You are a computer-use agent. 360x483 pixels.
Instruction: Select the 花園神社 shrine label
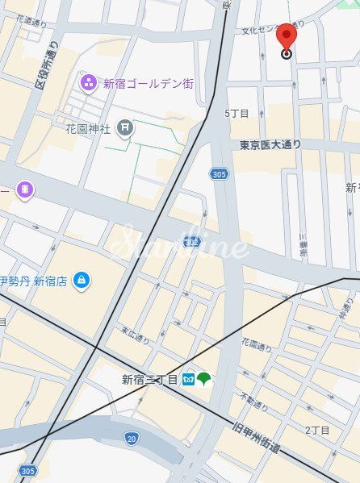pos(88,127)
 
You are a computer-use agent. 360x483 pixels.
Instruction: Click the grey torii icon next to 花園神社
pos(124,127)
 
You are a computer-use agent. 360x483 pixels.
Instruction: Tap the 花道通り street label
pos(31,23)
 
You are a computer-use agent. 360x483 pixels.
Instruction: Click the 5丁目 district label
pos(237,113)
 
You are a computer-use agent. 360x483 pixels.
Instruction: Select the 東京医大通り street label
pos(270,145)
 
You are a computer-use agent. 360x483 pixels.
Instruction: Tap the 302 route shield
pos(191,241)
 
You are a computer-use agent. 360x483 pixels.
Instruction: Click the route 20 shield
pos(131,438)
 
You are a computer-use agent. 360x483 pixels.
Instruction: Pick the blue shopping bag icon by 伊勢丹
pos(81,280)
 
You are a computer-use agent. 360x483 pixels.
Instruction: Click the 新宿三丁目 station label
pos(149,379)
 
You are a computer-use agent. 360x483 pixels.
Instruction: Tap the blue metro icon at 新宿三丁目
pos(187,378)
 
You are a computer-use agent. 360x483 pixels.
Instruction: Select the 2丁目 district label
pos(318,431)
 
